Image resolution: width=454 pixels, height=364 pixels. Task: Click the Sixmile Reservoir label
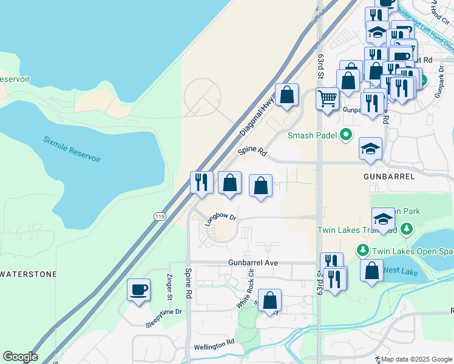point(72,148)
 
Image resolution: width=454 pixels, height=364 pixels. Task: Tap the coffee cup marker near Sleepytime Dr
point(138,289)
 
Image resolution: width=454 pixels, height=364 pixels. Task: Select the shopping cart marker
point(327,97)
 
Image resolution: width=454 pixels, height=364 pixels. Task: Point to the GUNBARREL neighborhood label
point(389,177)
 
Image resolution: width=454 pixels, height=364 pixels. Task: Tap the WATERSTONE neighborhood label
point(29,274)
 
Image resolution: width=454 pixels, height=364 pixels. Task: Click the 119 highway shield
point(159,215)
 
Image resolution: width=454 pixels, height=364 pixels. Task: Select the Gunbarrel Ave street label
point(253,263)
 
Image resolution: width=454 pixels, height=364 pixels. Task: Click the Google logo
point(20,357)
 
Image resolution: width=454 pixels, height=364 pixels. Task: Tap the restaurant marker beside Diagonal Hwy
point(202,181)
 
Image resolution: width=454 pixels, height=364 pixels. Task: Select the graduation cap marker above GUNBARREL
point(370,148)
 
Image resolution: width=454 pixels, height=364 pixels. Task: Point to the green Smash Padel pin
point(346,134)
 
